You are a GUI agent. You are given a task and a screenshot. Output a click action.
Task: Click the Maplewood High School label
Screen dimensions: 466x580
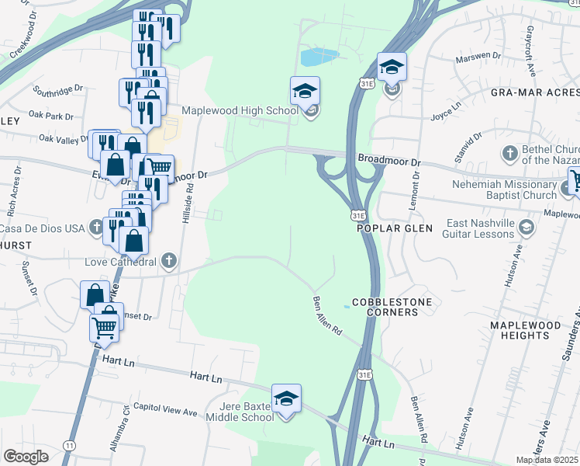tap(240, 110)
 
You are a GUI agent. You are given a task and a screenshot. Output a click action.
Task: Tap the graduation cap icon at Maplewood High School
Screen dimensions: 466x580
tap(305, 91)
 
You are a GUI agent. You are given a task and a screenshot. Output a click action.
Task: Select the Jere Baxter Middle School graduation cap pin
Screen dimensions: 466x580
tap(286, 398)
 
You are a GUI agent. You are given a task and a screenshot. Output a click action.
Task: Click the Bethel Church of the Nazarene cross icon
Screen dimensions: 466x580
tap(510, 152)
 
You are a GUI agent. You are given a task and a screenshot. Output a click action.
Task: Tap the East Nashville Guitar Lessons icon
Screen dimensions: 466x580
tap(527, 227)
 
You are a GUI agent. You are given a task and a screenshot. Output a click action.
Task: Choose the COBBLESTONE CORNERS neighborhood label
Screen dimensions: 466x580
tap(385, 306)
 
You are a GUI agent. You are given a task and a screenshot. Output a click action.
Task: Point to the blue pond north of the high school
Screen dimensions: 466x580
tap(319, 57)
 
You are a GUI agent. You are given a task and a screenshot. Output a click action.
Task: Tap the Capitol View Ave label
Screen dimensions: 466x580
tap(165, 406)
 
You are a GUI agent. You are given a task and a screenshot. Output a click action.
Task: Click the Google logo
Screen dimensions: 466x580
tap(26, 457)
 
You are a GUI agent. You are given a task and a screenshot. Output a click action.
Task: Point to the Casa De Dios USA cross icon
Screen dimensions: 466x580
tap(95, 228)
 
